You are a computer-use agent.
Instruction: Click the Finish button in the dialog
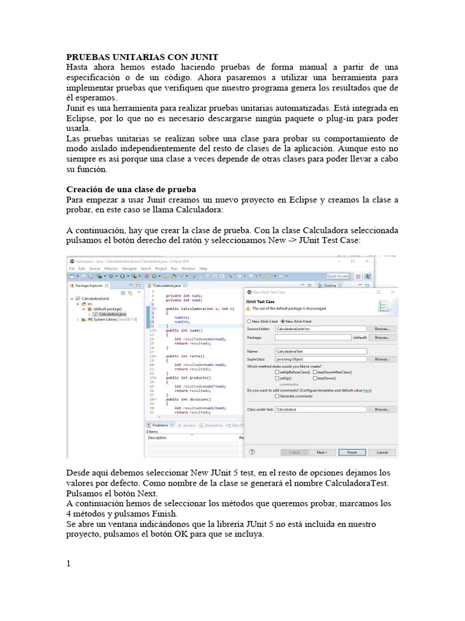(x=352, y=452)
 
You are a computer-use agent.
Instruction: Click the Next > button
(x=322, y=452)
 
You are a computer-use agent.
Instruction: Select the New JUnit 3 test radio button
(x=249, y=321)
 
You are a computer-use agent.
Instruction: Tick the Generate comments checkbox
(x=277, y=396)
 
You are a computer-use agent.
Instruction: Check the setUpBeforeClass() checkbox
(x=277, y=372)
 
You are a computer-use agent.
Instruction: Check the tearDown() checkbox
(x=315, y=378)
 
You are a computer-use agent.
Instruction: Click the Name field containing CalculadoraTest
(x=321, y=351)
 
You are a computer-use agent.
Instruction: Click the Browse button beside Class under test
(x=381, y=409)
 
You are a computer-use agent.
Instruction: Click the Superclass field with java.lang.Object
(x=321, y=359)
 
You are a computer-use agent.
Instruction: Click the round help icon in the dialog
(x=252, y=452)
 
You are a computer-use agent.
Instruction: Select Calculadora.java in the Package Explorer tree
(x=113, y=314)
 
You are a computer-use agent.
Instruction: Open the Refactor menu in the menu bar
(x=111, y=268)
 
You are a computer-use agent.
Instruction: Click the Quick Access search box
(x=338, y=277)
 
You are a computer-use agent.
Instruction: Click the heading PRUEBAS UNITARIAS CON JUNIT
(x=142, y=56)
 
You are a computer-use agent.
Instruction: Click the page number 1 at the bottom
(x=68, y=563)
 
